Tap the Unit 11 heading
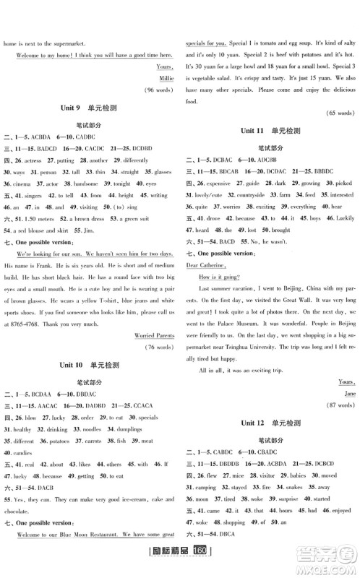pyautogui.click(x=271, y=131)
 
